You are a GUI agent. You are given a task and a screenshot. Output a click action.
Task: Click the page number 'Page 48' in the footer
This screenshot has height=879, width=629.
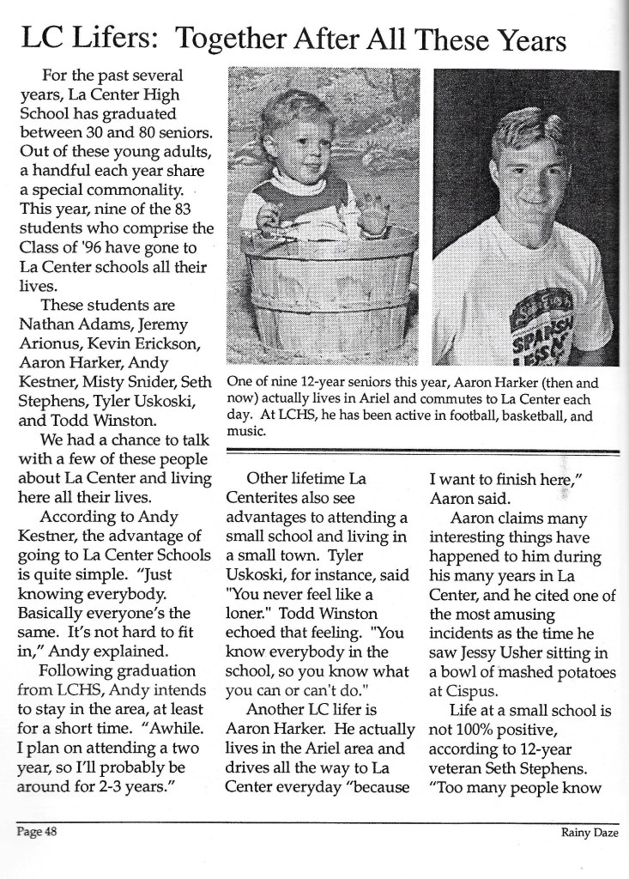34,831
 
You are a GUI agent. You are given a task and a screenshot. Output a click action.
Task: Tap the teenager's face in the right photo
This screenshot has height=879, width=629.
532,177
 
